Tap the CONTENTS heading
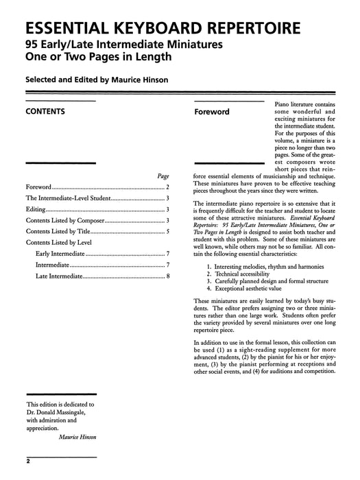[x=45, y=110]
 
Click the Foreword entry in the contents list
[x=38, y=187]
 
